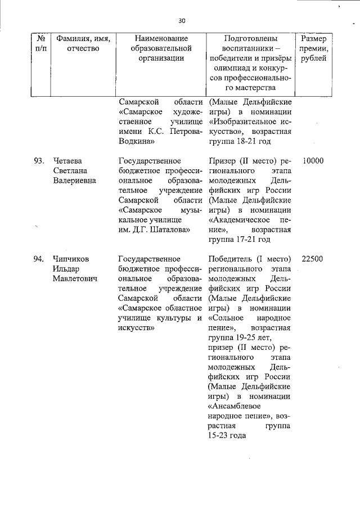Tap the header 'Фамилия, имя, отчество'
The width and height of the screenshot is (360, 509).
pyautogui.click(x=82, y=44)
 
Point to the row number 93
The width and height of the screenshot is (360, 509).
pyautogui.click(x=39, y=161)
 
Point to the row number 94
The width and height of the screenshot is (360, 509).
pyautogui.click(x=39, y=259)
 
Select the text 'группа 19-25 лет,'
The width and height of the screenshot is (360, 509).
pyautogui.click(x=240, y=337)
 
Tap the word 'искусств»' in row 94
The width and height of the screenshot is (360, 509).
pyautogui.click(x=136, y=328)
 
